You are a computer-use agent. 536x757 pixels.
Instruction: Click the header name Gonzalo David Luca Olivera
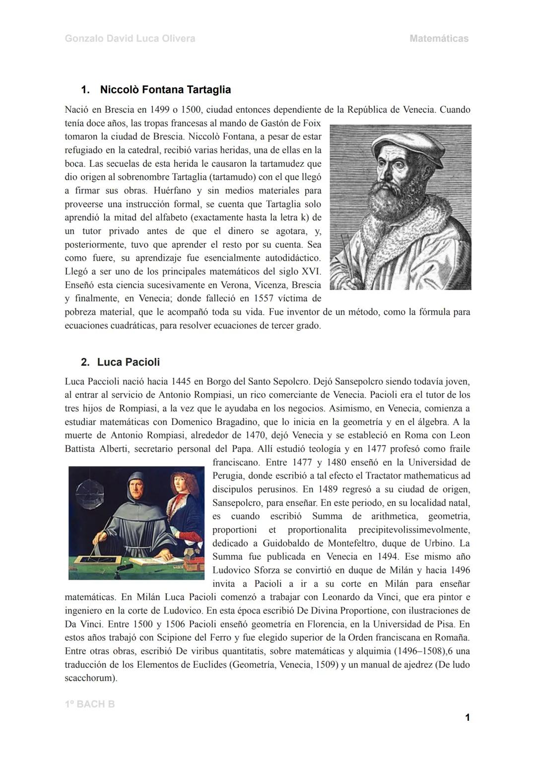click(x=130, y=39)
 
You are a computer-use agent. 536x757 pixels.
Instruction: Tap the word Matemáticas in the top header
click(x=439, y=39)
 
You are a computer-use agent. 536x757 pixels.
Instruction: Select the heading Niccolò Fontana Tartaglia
click(x=165, y=90)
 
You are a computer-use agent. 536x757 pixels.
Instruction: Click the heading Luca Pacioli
click(x=128, y=362)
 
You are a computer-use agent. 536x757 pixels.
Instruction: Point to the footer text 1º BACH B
click(x=89, y=704)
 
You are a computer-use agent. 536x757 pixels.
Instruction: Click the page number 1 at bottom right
click(x=467, y=717)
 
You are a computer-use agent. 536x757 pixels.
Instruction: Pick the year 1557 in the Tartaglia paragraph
click(x=264, y=299)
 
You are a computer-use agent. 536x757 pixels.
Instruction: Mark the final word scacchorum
click(x=90, y=678)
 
